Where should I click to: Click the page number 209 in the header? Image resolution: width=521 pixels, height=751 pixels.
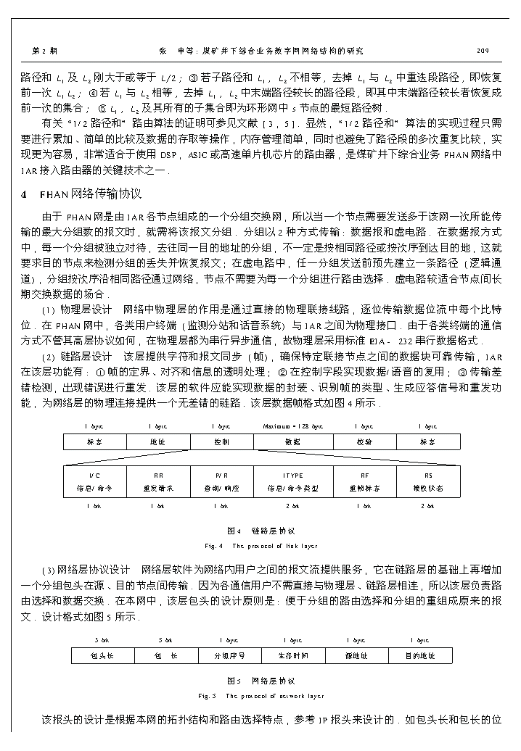tap(482, 51)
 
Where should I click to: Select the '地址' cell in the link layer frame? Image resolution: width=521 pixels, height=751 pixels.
tap(157, 441)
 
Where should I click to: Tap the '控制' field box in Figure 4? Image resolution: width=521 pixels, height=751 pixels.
tap(221, 441)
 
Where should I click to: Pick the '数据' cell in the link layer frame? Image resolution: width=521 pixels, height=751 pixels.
tap(292, 441)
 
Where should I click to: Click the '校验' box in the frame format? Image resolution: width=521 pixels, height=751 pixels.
tap(364, 441)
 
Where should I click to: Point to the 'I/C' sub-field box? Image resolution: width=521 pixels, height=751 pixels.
tap(95, 481)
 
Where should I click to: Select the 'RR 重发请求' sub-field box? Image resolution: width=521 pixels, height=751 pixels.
tap(158, 481)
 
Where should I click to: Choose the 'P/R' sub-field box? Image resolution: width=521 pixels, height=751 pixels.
tap(222, 481)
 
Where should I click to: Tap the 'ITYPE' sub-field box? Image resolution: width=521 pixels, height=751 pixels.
tap(293, 481)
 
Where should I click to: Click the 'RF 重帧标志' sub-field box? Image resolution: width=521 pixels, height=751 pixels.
tap(364, 481)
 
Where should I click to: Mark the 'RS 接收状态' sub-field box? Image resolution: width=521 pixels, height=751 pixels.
tap(428, 481)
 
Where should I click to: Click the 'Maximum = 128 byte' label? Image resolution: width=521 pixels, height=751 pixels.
tap(293, 426)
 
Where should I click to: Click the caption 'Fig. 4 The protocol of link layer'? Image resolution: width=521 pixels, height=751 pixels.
tap(260, 545)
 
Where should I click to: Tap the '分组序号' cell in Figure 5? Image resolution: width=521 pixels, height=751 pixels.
tap(229, 655)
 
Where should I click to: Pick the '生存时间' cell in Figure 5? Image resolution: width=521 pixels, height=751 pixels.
tap(293, 655)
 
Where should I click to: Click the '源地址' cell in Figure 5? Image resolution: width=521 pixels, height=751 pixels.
tap(356, 655)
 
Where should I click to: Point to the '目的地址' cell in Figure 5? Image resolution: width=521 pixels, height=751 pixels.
tap(420, 655)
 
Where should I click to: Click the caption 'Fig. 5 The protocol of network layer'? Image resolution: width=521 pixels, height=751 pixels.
tap(260, 696)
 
